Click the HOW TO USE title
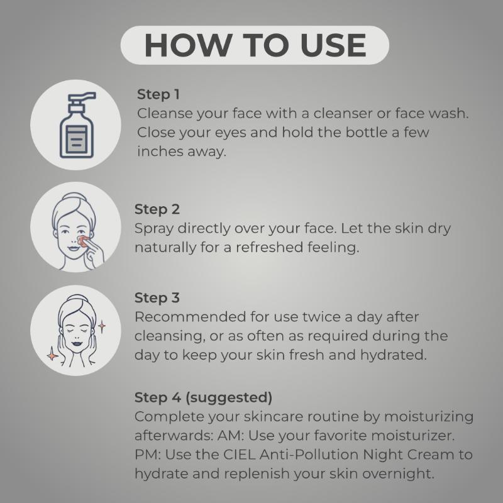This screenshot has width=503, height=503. click(x=255, y=45)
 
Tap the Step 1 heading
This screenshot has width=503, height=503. click(x=158, y=94)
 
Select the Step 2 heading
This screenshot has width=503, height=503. click(x=157, y=209)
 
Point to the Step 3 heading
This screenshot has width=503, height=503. click(x=157, y=297)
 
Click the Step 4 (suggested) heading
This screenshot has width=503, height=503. click(x=203, y=397)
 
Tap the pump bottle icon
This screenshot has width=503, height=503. click(x=77, y=125)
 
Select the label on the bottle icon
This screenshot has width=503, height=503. click(x=76, y=140)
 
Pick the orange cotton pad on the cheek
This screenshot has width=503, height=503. click(x=84, y=241)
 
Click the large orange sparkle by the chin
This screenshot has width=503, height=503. click(x=52, y=355)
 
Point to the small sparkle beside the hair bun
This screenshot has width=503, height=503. click(x=102, y=326)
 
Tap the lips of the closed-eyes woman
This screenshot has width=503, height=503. click(x=77, y=343)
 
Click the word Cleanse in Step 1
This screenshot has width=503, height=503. click(x=165, y=114)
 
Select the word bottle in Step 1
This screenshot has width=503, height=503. click(x=367, y=133)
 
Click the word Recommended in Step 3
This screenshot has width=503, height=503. click(x=191, y=317)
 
